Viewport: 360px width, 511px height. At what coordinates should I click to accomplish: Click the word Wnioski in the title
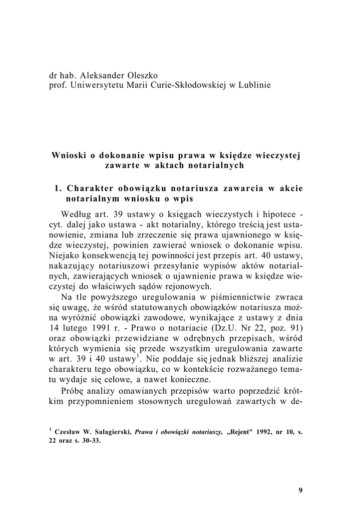(x=69, y=155)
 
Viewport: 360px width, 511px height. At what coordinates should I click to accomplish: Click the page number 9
(x=301, y=490)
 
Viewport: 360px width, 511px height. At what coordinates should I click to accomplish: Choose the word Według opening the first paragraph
(x=74, y=214)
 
